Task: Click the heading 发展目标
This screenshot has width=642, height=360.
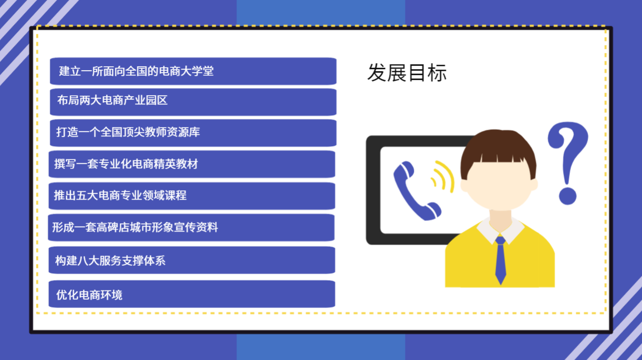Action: [407, 73]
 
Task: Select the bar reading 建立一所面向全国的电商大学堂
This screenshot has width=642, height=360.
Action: [193, 71]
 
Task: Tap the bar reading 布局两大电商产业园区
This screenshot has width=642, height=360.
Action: [193, 102]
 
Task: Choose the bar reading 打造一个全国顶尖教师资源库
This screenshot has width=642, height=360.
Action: [193, 133]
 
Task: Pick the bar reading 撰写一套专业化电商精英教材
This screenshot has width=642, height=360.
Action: [192, 164]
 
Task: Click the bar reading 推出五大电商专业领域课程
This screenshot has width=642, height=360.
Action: [192, 196]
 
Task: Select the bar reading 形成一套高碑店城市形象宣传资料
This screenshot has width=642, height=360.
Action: [191, 228]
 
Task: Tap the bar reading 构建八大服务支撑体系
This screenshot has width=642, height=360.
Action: [192, 260]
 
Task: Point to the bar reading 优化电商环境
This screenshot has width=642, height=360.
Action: [192, 294]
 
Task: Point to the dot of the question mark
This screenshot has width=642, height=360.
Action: [568, 196]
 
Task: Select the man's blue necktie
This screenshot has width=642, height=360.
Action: [501, 260]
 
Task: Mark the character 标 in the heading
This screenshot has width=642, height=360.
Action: [437, 73]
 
